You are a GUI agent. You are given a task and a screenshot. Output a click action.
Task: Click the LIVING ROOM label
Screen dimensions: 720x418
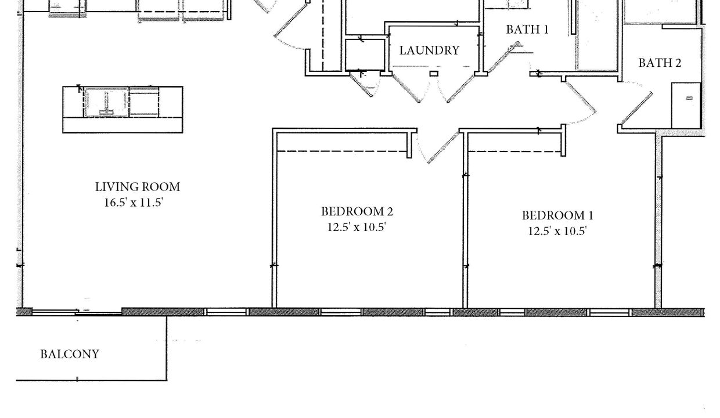pyautogui.click(x=137, y=187)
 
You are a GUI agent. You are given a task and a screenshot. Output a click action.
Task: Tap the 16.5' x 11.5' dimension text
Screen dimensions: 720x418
pyautogui.click(x=134, y=203)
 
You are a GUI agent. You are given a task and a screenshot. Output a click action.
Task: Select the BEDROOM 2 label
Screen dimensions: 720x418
pyautogui.click(x=357, y=211)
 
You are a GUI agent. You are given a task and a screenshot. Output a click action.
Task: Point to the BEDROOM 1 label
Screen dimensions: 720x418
pyautogui.click(x=557, y=215)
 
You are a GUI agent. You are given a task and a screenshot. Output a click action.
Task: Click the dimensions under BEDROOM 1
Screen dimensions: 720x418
pyautogui.click(x=557, y=231)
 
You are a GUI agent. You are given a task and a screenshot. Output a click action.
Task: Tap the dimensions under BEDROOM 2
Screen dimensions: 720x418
pyautogui.click(x=357, y=227)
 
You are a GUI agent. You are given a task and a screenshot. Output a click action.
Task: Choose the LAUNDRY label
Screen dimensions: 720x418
pyautogui.click(x=429, y=51)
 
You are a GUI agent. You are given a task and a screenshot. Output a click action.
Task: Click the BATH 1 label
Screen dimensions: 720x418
pyautogui.click(x=527, y=30)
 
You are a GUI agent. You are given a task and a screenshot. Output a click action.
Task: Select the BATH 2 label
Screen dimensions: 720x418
pyautogui.click(x=660, y=63)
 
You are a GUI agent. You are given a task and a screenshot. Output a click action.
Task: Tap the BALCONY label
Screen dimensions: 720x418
pyautogui.click(x=70, y=354)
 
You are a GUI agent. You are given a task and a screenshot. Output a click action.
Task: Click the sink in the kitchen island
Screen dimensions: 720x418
pyautogui.click(x=106, y=103)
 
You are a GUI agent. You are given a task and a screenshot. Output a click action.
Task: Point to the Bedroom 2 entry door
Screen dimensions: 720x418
pyautogui.click(x=443, y=147)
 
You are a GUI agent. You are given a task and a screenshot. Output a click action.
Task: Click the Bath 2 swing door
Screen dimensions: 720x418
pyautogui.click(x=637, y=109)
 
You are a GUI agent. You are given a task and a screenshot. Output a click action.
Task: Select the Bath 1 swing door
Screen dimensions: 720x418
pyautogui.click(x=503, y=57)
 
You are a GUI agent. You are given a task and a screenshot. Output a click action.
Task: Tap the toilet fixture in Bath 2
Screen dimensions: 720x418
pyautogui.click(x=686, y=106)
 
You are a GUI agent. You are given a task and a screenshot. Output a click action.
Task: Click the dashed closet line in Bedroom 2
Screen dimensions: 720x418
pyautogui.click(x=341, y=151)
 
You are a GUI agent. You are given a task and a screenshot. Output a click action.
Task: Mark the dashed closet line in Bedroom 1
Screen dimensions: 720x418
pyautogui.click(x=514, y=151)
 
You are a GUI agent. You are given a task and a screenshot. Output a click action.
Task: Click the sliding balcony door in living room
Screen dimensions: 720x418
pyautogui.click(x=77, y=311)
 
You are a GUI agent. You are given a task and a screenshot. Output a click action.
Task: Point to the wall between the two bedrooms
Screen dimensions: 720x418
pyautogui.click(x=465, y=220)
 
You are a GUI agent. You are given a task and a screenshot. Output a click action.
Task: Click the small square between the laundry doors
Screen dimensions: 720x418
pyautogui.click(x=434, y=74)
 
